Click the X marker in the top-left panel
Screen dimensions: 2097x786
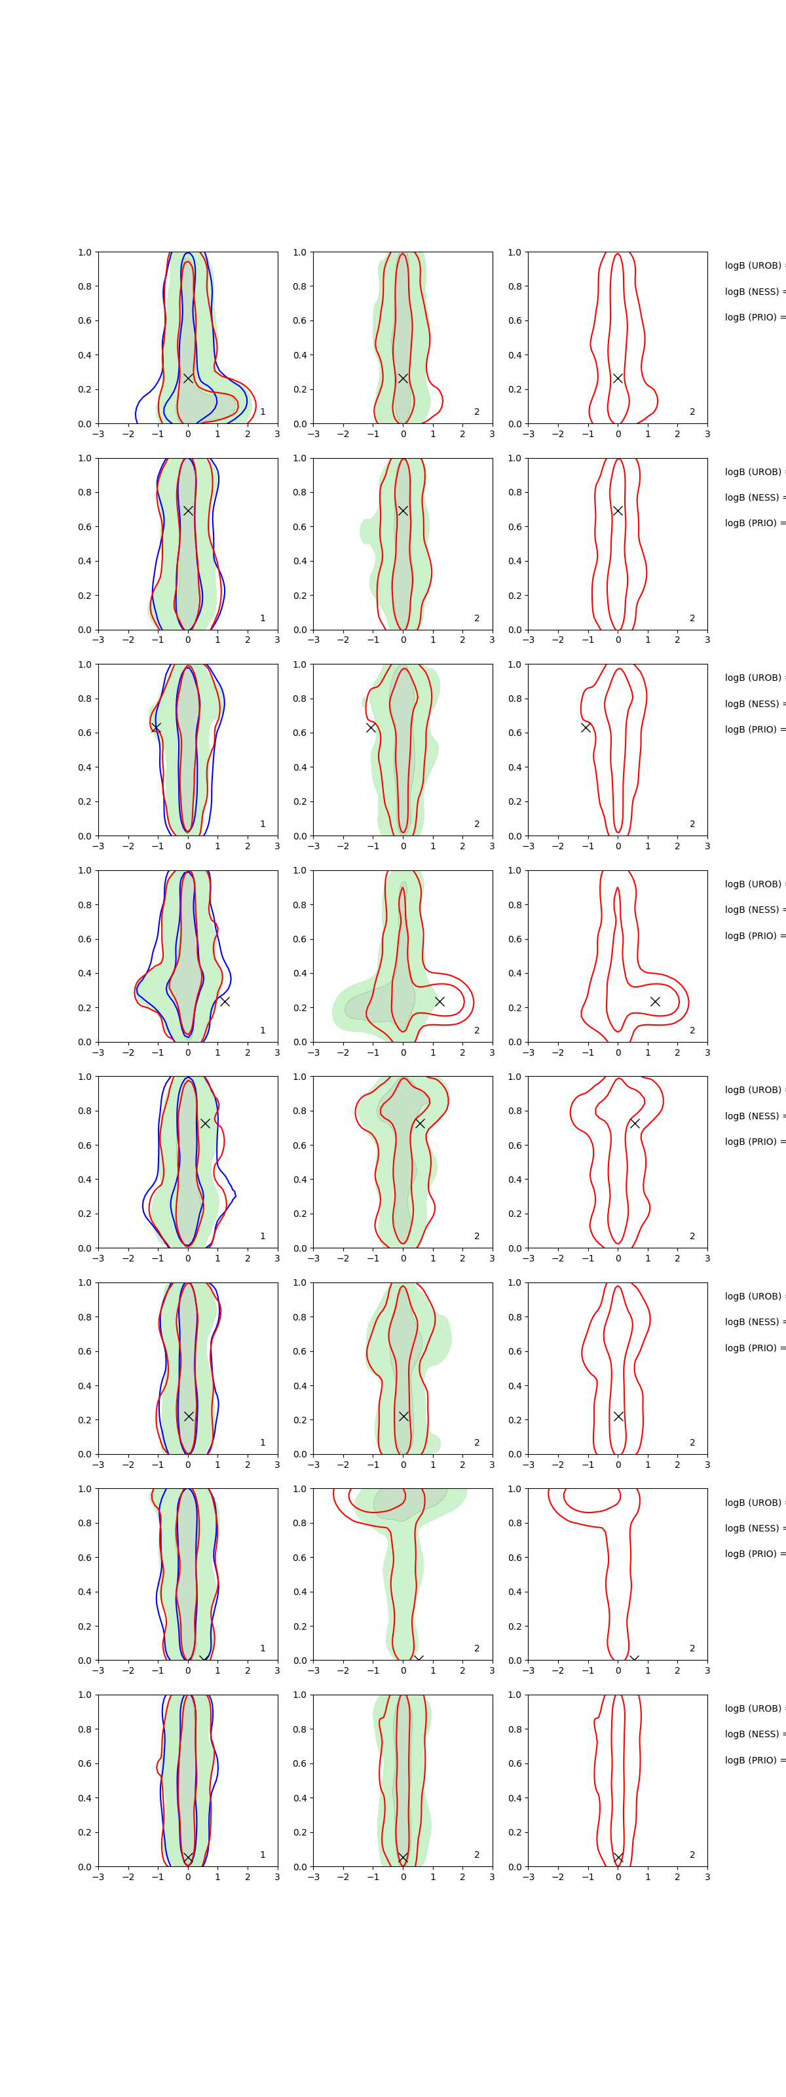(x=188, y=377)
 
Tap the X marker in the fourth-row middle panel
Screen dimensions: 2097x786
(x=440, y=1001)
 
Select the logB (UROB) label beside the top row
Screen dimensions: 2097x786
(x=753, y=265)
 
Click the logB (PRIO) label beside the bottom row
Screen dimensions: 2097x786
(x=753, y=1760)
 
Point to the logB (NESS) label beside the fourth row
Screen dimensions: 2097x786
(x=753, y=910)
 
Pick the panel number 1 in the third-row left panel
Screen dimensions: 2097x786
(x=263, y=824)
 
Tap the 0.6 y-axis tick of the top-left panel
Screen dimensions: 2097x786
(x=84, y=320)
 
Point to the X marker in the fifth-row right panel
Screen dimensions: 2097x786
(x=635, y=1123)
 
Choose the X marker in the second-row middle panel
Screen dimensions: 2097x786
(x=403, y=510)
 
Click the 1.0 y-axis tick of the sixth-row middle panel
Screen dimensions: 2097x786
(x=299, y=1282)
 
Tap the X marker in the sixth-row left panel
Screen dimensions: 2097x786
(x=189, y=1416)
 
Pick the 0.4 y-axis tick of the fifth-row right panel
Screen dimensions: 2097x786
(x=515, y=1179)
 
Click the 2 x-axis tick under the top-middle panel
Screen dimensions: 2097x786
(x=462, y=434)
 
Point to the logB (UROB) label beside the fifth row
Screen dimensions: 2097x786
(x=753, y=1090)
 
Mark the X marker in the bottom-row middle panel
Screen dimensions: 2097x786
(x=403, y=1857)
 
